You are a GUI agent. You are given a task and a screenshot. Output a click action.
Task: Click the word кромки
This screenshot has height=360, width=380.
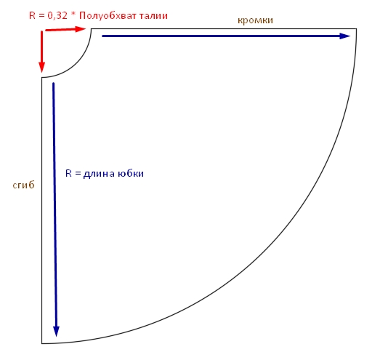[x=255, y=20]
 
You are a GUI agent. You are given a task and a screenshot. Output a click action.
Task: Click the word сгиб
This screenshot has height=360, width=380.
[x=23, y=185]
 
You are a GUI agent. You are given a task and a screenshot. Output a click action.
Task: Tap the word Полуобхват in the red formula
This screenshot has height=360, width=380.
[x=108, y=16]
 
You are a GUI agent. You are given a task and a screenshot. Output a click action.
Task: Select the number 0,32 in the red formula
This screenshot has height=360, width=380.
[x=57, y=16]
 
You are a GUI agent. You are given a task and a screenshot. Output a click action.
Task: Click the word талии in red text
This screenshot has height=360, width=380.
[x=153, y=16]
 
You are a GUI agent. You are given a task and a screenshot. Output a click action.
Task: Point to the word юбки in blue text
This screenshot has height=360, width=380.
[x=131, y=173]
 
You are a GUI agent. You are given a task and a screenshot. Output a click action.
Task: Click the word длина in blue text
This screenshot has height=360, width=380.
[x=99, y=174]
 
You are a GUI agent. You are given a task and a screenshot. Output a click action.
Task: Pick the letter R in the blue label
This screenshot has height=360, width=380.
[x=68, y=173]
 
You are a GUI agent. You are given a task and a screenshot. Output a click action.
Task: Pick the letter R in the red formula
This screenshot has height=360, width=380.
[x=32, y=15]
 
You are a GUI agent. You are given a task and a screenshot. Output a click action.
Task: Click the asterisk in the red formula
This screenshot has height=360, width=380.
[x=73, y=15]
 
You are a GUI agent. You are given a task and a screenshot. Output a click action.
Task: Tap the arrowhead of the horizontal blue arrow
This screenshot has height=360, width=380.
[x=345, y=36]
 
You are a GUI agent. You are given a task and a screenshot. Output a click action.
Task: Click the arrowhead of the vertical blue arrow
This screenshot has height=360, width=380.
[x=56, y=332]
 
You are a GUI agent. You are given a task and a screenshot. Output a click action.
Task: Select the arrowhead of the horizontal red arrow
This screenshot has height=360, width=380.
[x=81, y=29]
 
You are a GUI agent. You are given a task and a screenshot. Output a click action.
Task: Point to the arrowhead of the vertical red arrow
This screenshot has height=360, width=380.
[x=41, y=67]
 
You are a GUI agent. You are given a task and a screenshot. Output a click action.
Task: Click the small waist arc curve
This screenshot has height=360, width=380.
[x=76, y=63]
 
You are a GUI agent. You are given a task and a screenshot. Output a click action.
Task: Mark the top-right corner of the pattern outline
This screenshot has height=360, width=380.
[x=356, y=28]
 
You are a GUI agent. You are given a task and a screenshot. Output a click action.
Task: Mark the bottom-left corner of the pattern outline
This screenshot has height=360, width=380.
[x=41, y=343]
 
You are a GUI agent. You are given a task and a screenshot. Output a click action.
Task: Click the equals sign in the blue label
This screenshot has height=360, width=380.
[x=78, y=174]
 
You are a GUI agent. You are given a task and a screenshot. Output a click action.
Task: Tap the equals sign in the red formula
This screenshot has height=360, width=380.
[x=41, y=16]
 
